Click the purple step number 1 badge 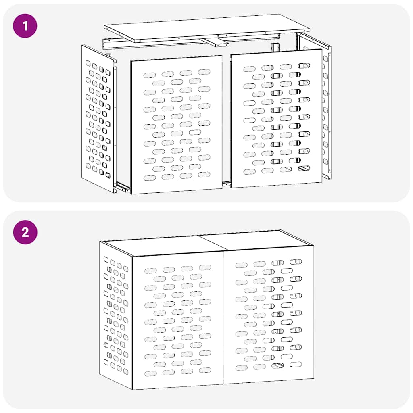(25, 26)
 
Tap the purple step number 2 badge (25, 233)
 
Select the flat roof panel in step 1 (206, 27)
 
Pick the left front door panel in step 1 (176, 125)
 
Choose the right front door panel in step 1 (277, 119)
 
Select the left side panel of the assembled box (116, 315)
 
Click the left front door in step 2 (177, 321)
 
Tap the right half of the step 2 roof (258, 240)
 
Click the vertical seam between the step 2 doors (223, 319)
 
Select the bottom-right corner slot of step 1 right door (304, 168)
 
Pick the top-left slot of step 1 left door (150, 75)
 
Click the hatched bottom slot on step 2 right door (277, 365)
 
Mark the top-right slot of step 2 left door (205, 267)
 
